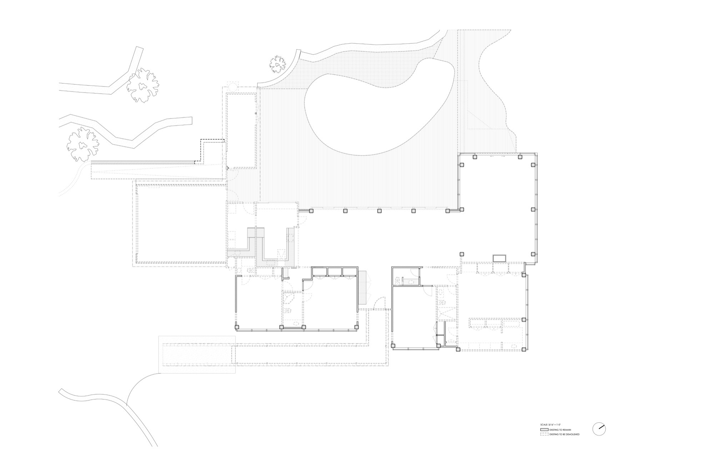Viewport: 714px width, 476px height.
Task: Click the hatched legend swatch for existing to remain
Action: click(544, 430)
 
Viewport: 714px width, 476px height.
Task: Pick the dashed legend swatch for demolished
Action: click(544, 434)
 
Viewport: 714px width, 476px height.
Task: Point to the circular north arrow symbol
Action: click(599, 428)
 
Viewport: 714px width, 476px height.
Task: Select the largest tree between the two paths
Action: click(143, 85)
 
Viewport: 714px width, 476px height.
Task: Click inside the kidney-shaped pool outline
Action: click(378, 107)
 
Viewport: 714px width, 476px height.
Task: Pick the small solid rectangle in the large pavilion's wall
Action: click(499, 258)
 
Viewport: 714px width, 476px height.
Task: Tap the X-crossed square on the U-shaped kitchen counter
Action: click(282, 254)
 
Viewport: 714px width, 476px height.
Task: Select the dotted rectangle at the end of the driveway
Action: click(197, 354)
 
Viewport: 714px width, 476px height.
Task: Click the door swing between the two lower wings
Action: click(379, 304)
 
